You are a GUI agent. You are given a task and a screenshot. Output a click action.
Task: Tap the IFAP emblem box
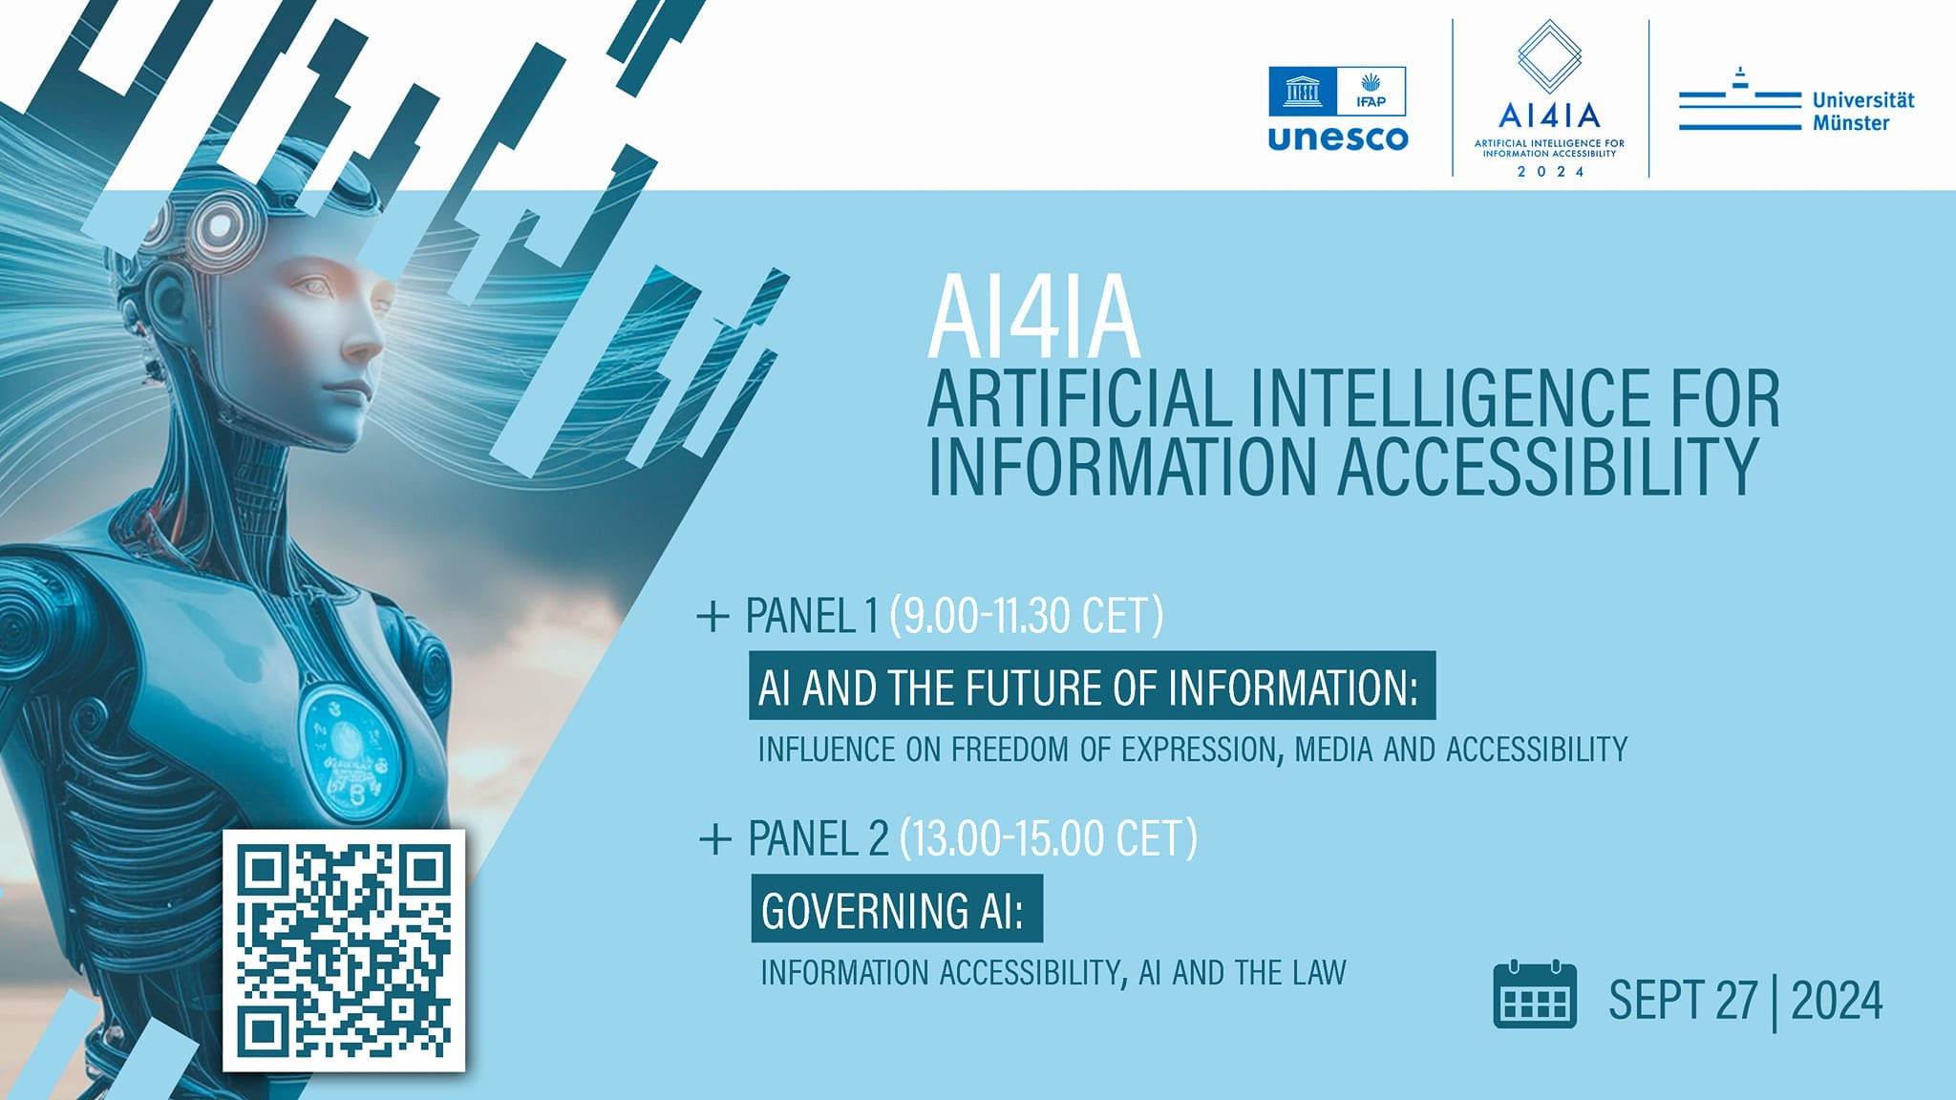pos(1371,91)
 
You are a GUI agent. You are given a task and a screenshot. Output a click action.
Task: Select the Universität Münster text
pos(1863,112)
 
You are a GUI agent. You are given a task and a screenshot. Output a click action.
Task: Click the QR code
pos(344,950)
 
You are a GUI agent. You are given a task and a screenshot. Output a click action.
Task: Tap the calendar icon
pos(1535,995)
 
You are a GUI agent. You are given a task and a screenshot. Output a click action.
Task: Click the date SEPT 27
pos(1683,1000)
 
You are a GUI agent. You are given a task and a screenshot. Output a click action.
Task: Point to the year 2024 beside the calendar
pos(1837,1000)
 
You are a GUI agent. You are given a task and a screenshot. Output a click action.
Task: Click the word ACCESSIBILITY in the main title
pos(1547,466)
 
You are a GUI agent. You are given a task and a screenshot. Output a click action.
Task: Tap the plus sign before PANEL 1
pos(713,617)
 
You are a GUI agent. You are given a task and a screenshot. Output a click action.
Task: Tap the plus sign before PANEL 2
pos(715,839)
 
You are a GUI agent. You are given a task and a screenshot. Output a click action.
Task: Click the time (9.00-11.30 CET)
pos(1027,615)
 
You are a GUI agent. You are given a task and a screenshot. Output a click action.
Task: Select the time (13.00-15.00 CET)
pos(1049,838)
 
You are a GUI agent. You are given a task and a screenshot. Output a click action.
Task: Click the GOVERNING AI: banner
pos(897,908)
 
